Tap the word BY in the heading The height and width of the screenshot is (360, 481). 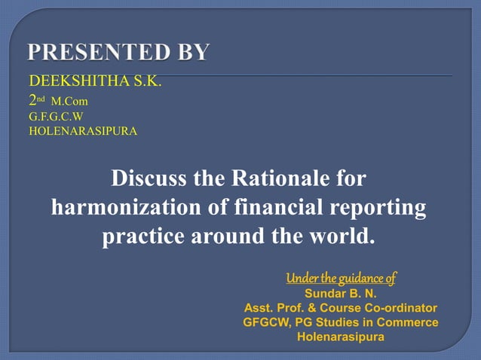point(193,53)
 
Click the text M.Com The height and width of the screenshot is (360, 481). point(70,100)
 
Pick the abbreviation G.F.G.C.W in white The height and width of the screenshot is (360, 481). point(56,117)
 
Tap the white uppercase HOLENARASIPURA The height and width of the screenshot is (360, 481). point(83,130)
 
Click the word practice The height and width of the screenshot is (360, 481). point(145,236)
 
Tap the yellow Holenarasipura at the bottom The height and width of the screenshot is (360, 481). point(341,337)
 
